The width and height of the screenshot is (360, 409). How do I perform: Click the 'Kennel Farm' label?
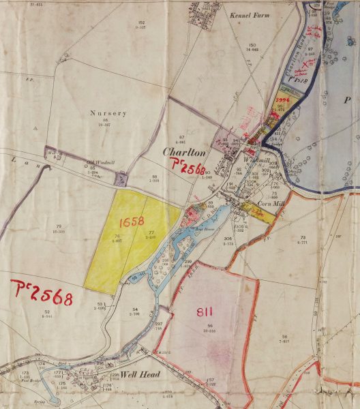coord(246,14)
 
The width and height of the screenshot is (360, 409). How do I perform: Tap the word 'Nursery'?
coord(104,114)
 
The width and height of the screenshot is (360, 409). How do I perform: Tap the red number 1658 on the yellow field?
coord(132,222)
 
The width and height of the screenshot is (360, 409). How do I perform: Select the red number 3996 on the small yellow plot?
coord(283,100)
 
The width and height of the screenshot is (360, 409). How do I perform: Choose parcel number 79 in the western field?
coord(59,226)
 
